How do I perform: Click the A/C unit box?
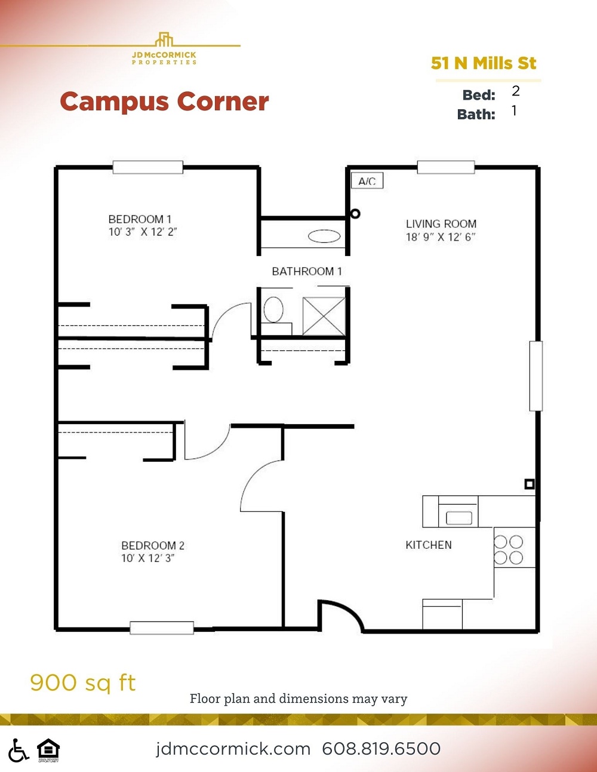[367, 181]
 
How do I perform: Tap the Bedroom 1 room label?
[140, 219]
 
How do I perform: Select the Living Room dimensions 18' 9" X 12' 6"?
[441, 237]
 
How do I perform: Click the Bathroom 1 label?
[307, 271]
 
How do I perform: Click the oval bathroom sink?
[324, 237]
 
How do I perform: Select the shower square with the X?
[324, 316]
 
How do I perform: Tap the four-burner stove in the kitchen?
[508, 549]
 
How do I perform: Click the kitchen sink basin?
[458, 517]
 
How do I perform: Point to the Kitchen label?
[429, 545]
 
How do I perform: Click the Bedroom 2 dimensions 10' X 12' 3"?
[147, 558]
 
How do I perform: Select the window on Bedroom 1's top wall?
[147, 167]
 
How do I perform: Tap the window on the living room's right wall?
[536, 376]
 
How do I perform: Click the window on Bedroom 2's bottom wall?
[162, 628]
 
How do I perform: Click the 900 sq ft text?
[83, 683]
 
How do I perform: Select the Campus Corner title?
[164, 101]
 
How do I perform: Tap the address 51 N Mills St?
[484, 63]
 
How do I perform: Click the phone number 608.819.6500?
[381, 749]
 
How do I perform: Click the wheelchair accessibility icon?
[18, 751]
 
